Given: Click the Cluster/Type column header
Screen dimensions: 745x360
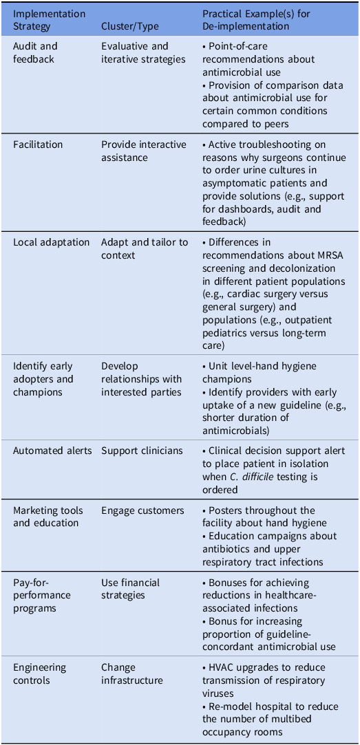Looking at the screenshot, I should (130, 26).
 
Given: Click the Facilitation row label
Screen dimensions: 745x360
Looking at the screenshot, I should (38, 144).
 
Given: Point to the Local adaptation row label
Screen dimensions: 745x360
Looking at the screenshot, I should (51, 242).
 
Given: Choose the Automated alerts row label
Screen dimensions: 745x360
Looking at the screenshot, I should (52, 451).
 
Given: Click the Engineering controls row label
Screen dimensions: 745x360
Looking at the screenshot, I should (40, 673).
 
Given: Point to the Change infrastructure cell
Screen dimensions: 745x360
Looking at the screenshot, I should (132, 673).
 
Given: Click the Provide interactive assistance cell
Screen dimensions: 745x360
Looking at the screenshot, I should (143, 151).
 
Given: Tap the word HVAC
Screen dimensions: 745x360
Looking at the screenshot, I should (223, 667).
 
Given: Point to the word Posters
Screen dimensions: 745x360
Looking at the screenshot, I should (227, 510).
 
